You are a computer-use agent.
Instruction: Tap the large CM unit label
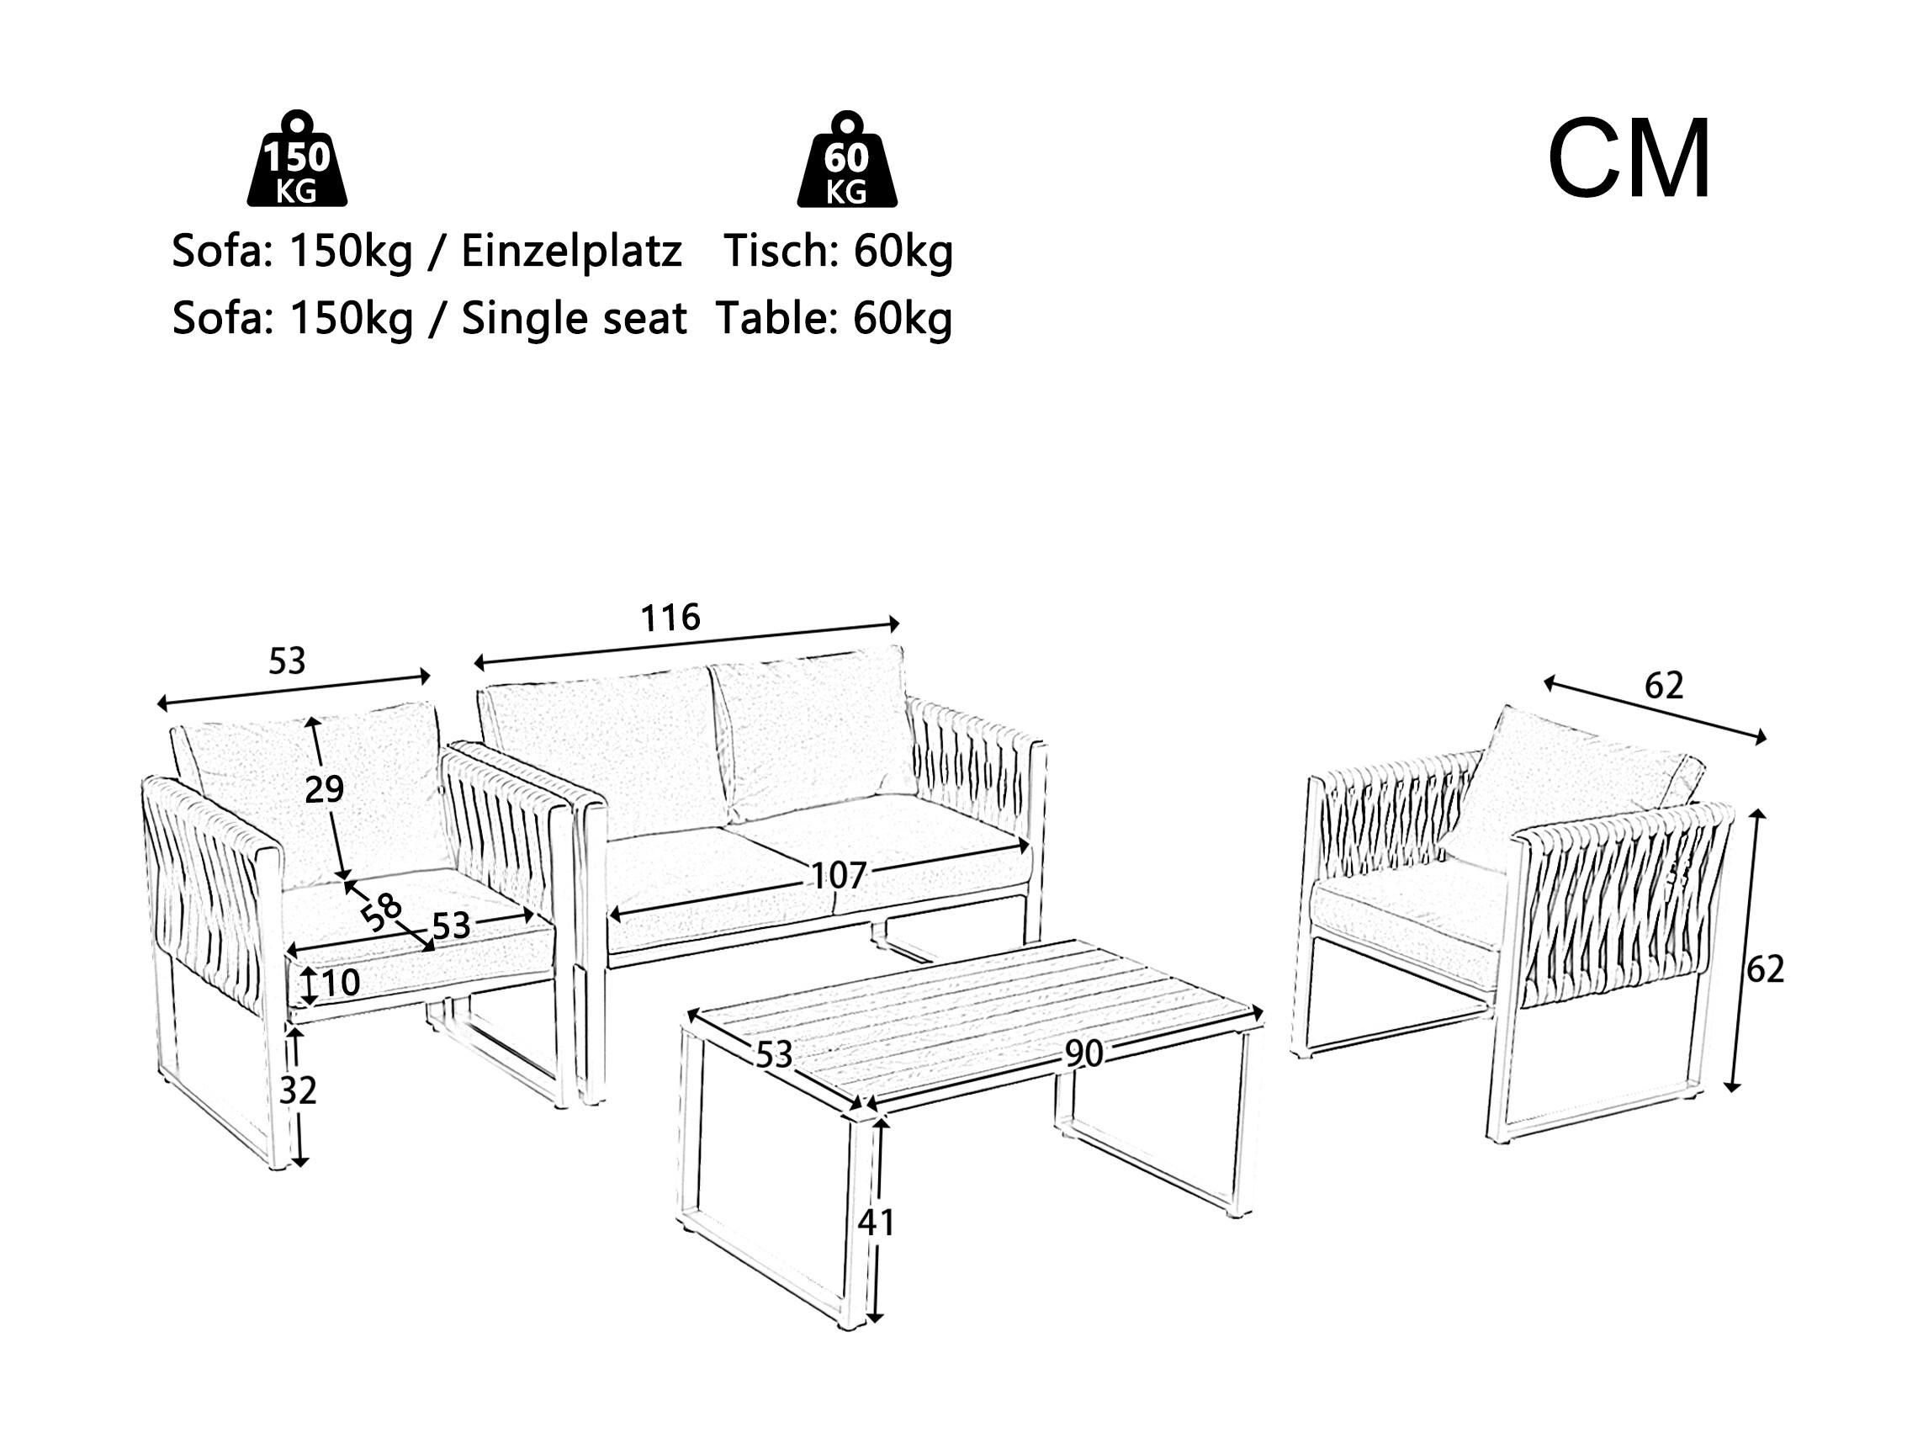[x=1629, y=161]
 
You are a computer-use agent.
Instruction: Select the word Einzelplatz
[x=571, y=252]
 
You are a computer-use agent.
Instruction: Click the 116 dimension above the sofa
[x=670, y=618]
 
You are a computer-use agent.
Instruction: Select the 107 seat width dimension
[x=838, y=876]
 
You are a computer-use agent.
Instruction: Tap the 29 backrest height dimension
[x=324, y=790]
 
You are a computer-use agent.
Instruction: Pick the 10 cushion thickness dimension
[x=341, y=983]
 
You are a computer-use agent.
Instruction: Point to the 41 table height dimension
[x=876, y=1223]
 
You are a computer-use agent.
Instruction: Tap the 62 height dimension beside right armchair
[x=1765, y=969]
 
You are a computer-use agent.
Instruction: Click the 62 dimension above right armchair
[x=1664, y=687]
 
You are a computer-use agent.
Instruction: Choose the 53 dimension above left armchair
[x=287, y=662]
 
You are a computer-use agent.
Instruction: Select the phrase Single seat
[x=574, y=319]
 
